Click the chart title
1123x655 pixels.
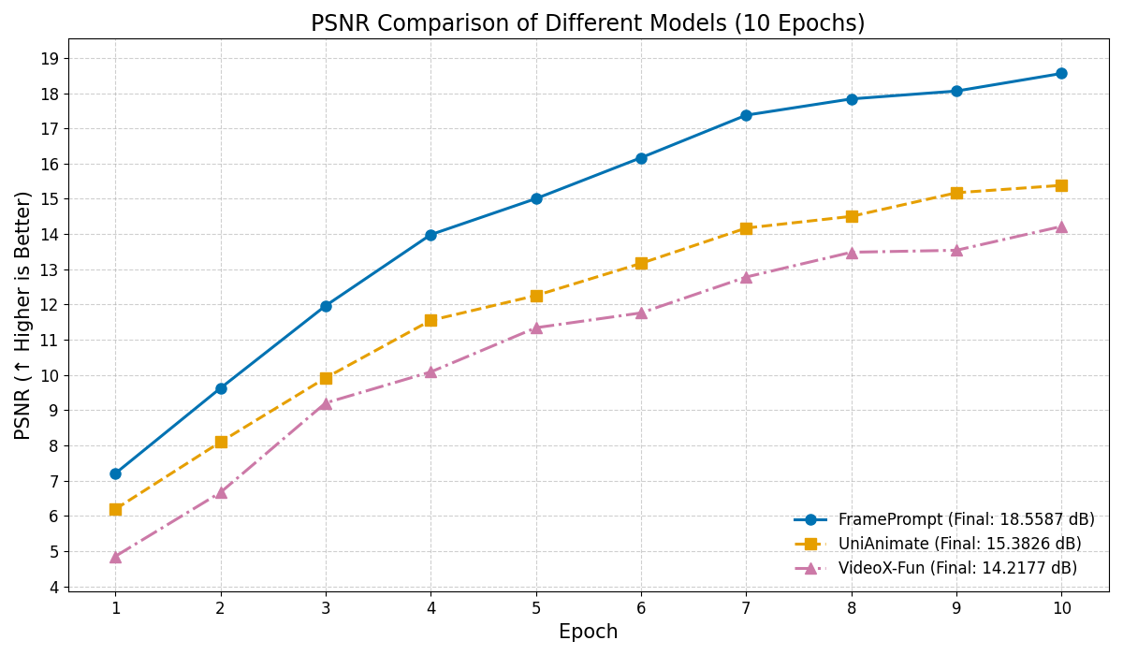point(588,23)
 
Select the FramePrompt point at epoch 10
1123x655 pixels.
point(1061,74)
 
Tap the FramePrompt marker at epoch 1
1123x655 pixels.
point(115,473)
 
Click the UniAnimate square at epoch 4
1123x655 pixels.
point(430,320)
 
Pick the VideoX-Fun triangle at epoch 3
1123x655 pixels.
point(326,403)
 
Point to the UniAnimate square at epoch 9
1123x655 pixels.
point(956,193)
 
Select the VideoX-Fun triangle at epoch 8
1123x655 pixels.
point(852,253)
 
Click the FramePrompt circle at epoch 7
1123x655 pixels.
point(746,115)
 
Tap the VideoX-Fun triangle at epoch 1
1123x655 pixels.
point(115,557)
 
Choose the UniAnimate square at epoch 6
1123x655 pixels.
point(641,263)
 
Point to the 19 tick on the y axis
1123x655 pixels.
point(50,59)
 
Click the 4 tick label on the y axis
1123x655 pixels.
point(53,587)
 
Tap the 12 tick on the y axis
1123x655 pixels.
point(50,305)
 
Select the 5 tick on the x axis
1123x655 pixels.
point(536,607)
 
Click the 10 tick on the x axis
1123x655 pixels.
point(1061,607)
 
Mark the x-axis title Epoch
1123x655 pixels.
point(588,633)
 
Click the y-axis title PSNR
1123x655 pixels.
point(23,314)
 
